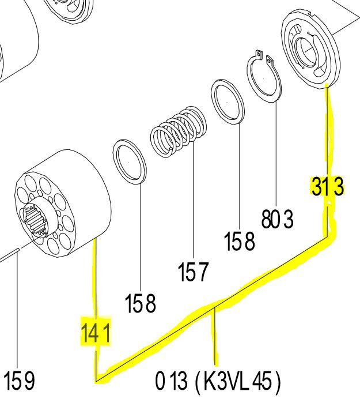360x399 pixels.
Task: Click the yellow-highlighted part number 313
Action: pos(328,187)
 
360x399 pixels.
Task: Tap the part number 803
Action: pos(277,219)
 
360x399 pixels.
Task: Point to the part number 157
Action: pos(193,271)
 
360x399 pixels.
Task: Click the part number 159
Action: pos(19,381)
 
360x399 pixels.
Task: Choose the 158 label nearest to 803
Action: pos(239,242)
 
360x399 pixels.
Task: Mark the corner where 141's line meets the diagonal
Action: pos(96,380)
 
